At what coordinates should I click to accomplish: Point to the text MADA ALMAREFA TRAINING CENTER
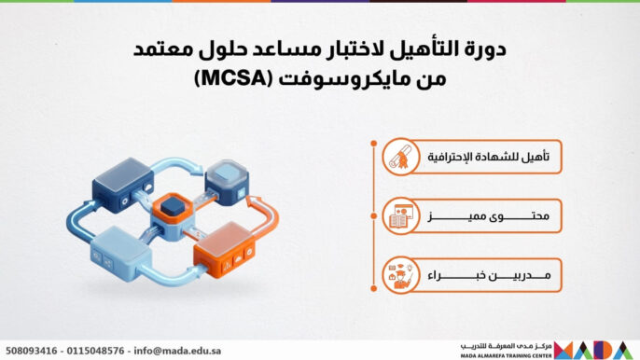pos(503,354)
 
